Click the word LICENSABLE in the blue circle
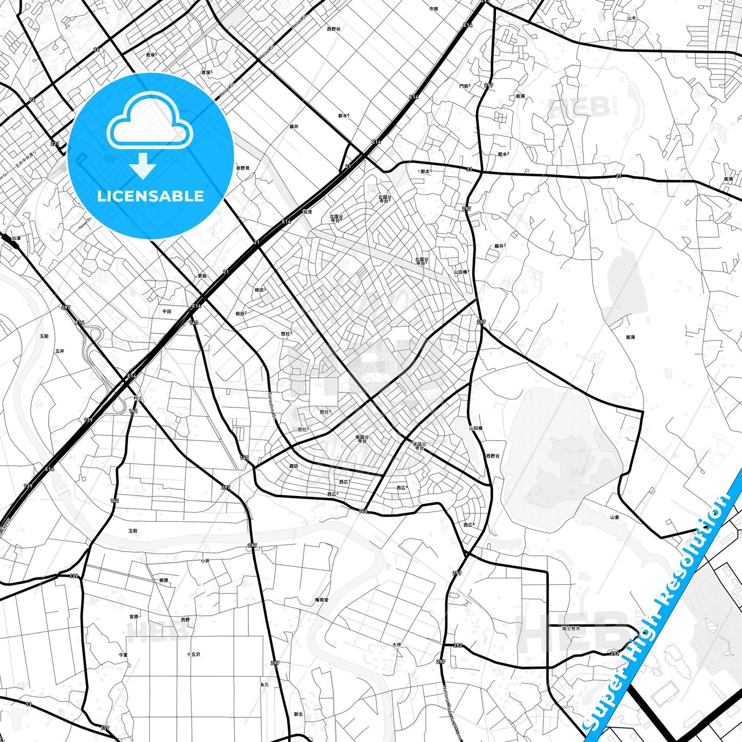150,196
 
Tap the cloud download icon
149,134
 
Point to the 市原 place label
434,9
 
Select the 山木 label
631,18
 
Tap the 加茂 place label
307,212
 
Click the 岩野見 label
242,168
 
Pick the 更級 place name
202,276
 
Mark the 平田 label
167,311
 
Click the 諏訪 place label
294,466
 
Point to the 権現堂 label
322,600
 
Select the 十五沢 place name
194,654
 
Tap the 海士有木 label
570,628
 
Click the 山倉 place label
614,517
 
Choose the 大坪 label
396,645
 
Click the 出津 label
16,238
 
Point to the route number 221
55,144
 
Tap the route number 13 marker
29,704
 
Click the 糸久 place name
264,684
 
